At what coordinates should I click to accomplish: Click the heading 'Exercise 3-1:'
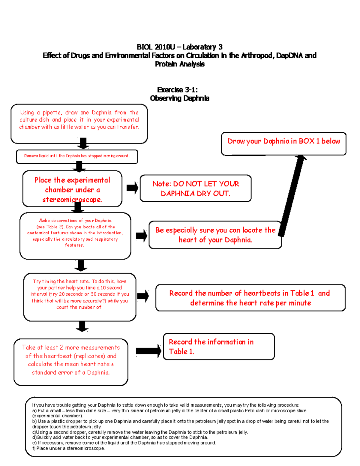(177, 90)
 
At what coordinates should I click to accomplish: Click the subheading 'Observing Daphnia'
(179, 98)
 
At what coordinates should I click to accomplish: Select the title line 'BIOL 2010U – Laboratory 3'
(179, 47)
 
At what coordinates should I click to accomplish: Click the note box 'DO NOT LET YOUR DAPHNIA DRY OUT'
(195, 188)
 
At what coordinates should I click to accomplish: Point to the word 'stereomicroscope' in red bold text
(72, 200)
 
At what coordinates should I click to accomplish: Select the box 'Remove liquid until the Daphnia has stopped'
(77, 156)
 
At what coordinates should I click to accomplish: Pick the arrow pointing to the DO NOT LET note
(132, 188)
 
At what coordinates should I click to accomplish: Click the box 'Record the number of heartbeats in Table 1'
(250, 298)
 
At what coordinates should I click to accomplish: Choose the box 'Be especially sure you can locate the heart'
(215, 235)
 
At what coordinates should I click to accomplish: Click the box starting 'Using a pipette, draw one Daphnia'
(79, 123)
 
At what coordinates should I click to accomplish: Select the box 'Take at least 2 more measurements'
(71, 362)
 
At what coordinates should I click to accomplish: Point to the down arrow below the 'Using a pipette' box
(83, 143)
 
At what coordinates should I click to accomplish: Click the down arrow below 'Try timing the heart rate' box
(82, 326)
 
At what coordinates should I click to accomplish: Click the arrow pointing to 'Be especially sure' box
(142, 236)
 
